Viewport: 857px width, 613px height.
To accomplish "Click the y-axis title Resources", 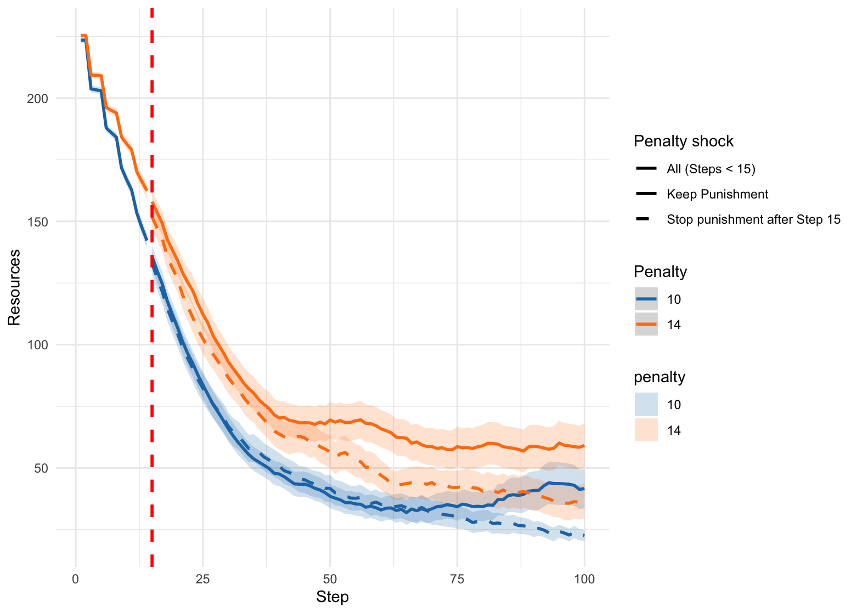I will (15, 287).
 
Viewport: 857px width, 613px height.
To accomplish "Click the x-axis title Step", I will (332, 597).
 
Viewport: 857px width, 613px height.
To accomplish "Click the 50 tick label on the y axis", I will (41, 468).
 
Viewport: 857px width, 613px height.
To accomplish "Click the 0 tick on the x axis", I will (76, 579).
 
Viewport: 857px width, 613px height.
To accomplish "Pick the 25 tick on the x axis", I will (203, 579).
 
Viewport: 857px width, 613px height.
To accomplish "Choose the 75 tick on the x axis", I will (457, 579).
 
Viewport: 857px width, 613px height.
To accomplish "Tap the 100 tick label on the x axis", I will (584, 579).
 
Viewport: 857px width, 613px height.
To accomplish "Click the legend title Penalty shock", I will (683, 141).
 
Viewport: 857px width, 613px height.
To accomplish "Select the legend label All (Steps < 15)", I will (711, 169).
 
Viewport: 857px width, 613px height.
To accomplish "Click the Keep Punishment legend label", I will (717, 194).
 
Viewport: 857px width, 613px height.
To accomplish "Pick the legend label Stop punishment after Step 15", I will (753, 220).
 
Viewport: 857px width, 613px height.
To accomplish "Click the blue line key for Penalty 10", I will (646, 299).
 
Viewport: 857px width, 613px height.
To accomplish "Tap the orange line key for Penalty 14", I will (646, 325).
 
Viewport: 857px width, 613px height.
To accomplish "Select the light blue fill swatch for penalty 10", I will (646, 405).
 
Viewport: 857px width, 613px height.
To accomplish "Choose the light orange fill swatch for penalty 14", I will (646, 430).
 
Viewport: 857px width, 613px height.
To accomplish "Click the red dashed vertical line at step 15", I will (152, 384).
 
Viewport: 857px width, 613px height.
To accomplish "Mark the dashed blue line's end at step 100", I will (584, 535).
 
